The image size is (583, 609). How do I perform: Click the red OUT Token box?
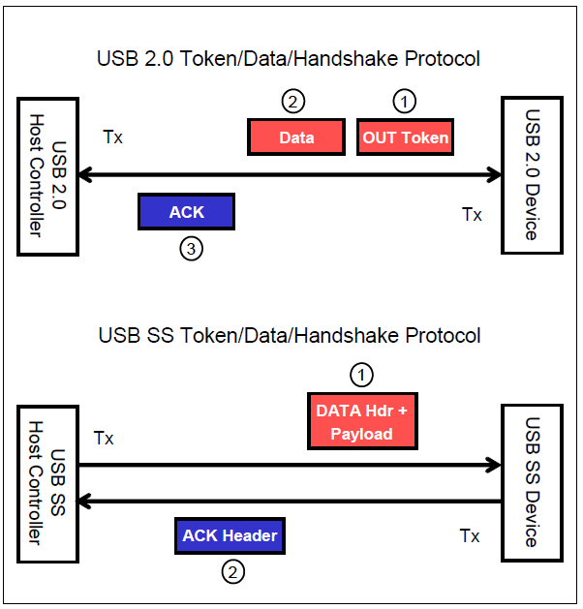click(406, 137)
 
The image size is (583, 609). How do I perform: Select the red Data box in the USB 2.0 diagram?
click(296, 137)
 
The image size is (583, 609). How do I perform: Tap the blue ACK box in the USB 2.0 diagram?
click(187, 212)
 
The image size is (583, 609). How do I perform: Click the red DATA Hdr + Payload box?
click(361, 422)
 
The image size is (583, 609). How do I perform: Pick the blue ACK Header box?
click(230, 535)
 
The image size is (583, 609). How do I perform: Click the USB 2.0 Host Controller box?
click(46, 174)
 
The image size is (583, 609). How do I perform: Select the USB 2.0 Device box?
click(531, 175)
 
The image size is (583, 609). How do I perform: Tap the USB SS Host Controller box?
click(46, 484)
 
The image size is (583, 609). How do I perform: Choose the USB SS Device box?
click(531, 484)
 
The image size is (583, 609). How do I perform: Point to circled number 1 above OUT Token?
click(405, 100)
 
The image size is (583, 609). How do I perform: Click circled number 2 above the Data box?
click(293, 100)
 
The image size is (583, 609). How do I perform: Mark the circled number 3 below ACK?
click(192, 249)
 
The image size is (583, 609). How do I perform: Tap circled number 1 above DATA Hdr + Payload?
click(361, 374)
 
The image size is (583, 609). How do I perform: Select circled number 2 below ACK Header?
click(232, 572)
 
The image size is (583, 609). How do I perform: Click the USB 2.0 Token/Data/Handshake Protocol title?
click(289, 58)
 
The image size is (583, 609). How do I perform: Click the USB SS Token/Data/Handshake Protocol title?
click(289, 336)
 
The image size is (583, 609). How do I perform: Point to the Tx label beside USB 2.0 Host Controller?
click(113, 137)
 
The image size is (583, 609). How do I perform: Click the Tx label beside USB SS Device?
click(470, 535)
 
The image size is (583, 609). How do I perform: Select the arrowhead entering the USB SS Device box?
click(494, 466)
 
